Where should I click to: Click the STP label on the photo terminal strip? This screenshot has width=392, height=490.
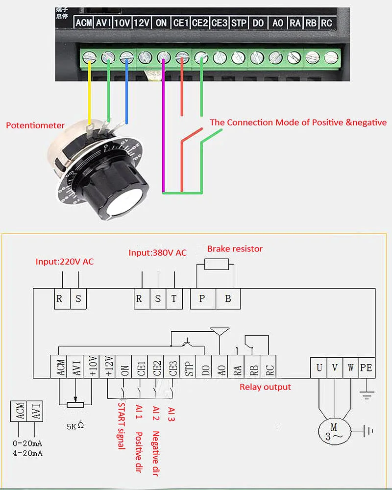coord(239,23)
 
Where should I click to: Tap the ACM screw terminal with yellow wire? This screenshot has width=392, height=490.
coord(89,57)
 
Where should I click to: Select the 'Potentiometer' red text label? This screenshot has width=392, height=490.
coord(35,125)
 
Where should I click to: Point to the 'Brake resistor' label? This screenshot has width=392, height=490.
coord(235,249)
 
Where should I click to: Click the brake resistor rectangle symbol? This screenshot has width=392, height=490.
coord(216,265)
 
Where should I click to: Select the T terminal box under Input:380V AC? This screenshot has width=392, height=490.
coord(174,299)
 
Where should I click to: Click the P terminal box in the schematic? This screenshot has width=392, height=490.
coord(202,299)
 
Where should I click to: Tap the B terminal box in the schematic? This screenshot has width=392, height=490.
coord(228,299)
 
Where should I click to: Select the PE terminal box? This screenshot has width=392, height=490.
coord(366,367)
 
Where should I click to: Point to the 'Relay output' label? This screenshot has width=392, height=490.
coord(265,387)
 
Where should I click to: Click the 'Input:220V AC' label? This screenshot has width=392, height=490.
coord(65,262)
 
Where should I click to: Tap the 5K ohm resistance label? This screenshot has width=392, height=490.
coord(75,426)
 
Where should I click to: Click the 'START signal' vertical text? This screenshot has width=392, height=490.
coord(122,425)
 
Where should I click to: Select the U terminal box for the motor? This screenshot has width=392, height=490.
coord(319,367)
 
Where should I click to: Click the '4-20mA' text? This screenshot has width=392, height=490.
coord(28,453)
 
